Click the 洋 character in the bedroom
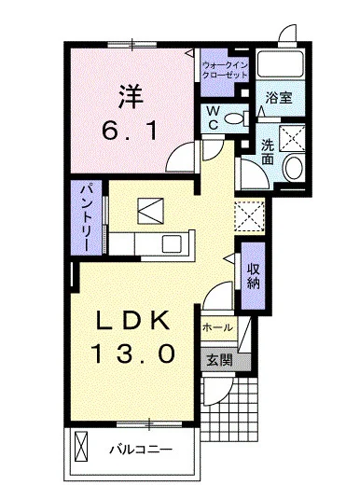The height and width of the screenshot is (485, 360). tap(130, 96)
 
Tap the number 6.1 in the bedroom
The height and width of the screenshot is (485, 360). tap(130, 132)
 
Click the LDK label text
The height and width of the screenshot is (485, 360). tap(134, 322)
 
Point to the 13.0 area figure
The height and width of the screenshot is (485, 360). tap(134, 354)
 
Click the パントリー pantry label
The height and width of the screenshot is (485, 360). tap(83, 216)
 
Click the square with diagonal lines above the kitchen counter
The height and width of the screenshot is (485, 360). tap(149, 210)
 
